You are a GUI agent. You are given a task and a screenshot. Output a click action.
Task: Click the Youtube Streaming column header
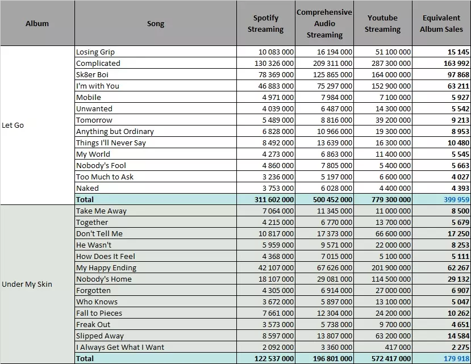click(x=382, y=23)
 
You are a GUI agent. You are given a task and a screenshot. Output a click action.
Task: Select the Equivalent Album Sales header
click(x=441, y=23)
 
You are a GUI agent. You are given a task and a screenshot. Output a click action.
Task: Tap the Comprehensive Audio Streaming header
click(x=324, y=23)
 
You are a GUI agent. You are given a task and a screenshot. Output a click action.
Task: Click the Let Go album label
click(x=12, y=125)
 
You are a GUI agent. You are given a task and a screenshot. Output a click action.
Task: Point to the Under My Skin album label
click(x=27, y=284)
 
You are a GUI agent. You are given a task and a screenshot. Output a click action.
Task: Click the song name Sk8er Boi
click(x=92, y=74)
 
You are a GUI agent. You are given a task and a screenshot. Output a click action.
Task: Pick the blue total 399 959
click(x=456, y=200)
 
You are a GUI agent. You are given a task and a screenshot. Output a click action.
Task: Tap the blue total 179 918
click(x=456, y=358)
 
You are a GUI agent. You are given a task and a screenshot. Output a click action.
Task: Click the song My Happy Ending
click(x=106, y=268)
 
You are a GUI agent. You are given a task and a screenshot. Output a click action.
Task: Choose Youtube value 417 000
click(x=398, y=347)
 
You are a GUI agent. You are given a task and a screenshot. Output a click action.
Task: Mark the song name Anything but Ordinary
click(x=115, y=132)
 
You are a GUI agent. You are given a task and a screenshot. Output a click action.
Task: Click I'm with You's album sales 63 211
click(x=459, y=86)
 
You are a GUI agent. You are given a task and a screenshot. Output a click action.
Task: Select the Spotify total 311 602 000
click(x=274, y=200)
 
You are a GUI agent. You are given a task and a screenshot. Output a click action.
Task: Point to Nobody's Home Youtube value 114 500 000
click(x=391, y=279)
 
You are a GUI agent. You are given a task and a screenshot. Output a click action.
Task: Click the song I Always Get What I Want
click(x=120, y=347)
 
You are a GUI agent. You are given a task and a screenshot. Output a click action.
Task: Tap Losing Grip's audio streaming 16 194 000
click(x=335, y=52)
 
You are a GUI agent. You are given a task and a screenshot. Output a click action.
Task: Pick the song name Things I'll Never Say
click(x=111, y=143)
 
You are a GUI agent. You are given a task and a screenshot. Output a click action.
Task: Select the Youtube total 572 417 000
click(x=391, y=358)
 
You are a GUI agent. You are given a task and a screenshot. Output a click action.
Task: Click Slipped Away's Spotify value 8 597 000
click(x=278, y=336)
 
